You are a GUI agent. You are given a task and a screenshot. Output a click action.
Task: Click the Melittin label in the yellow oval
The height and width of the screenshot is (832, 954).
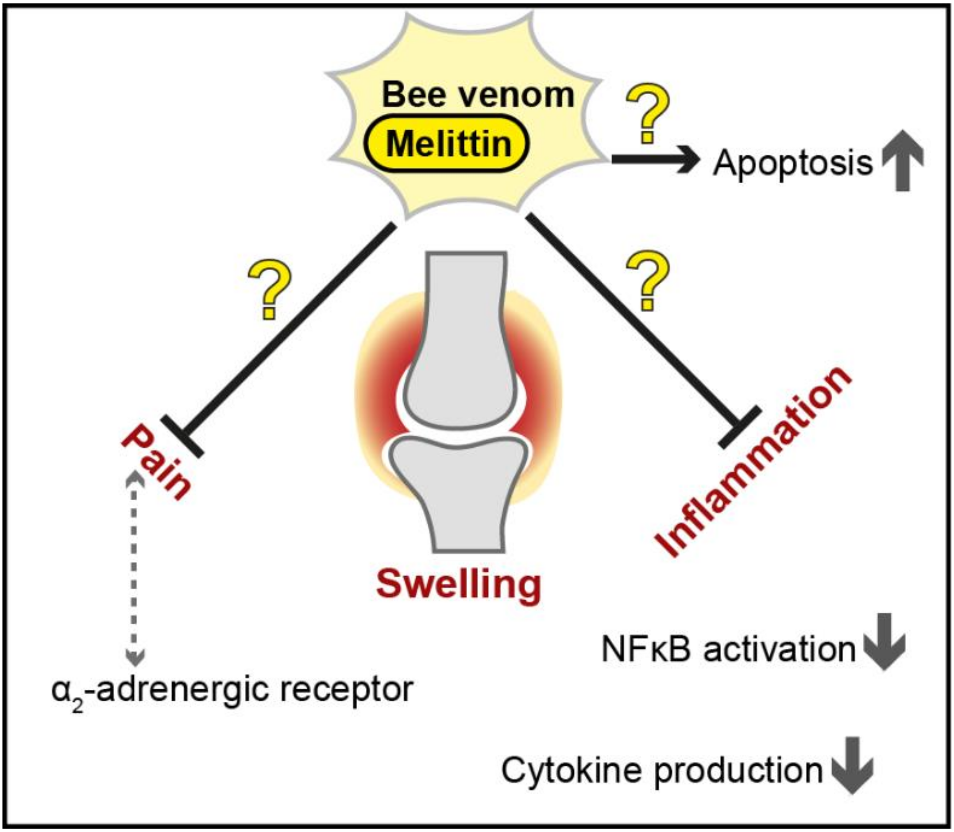(448, 143)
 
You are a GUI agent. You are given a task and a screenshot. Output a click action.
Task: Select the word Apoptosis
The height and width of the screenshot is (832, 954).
(793, 163)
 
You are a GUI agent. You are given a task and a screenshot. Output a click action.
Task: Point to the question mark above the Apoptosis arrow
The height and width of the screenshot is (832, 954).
(648, 114)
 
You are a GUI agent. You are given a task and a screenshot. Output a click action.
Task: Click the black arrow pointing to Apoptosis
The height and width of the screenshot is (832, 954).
(655, 159)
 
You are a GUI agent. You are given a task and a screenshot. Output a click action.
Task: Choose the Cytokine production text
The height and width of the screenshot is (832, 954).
(662, 771)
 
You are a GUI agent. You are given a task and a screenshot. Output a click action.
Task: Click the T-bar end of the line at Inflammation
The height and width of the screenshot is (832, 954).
(741, 427)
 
